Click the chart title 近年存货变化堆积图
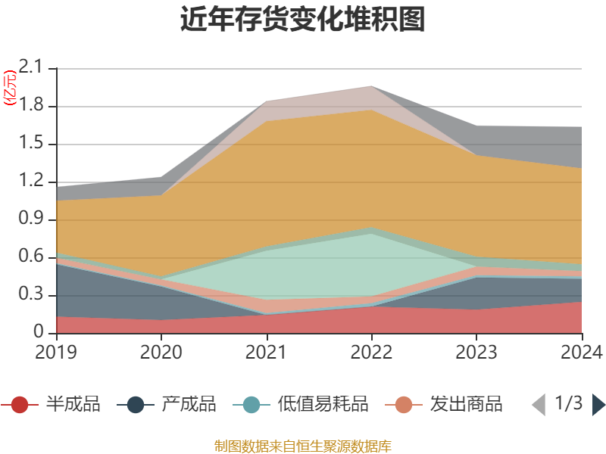303,20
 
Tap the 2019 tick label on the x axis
56,353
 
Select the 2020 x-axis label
161,353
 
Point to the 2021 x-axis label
267,353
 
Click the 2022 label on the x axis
372,353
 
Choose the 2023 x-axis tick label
477,353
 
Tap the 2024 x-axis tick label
581,353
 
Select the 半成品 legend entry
57,404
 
